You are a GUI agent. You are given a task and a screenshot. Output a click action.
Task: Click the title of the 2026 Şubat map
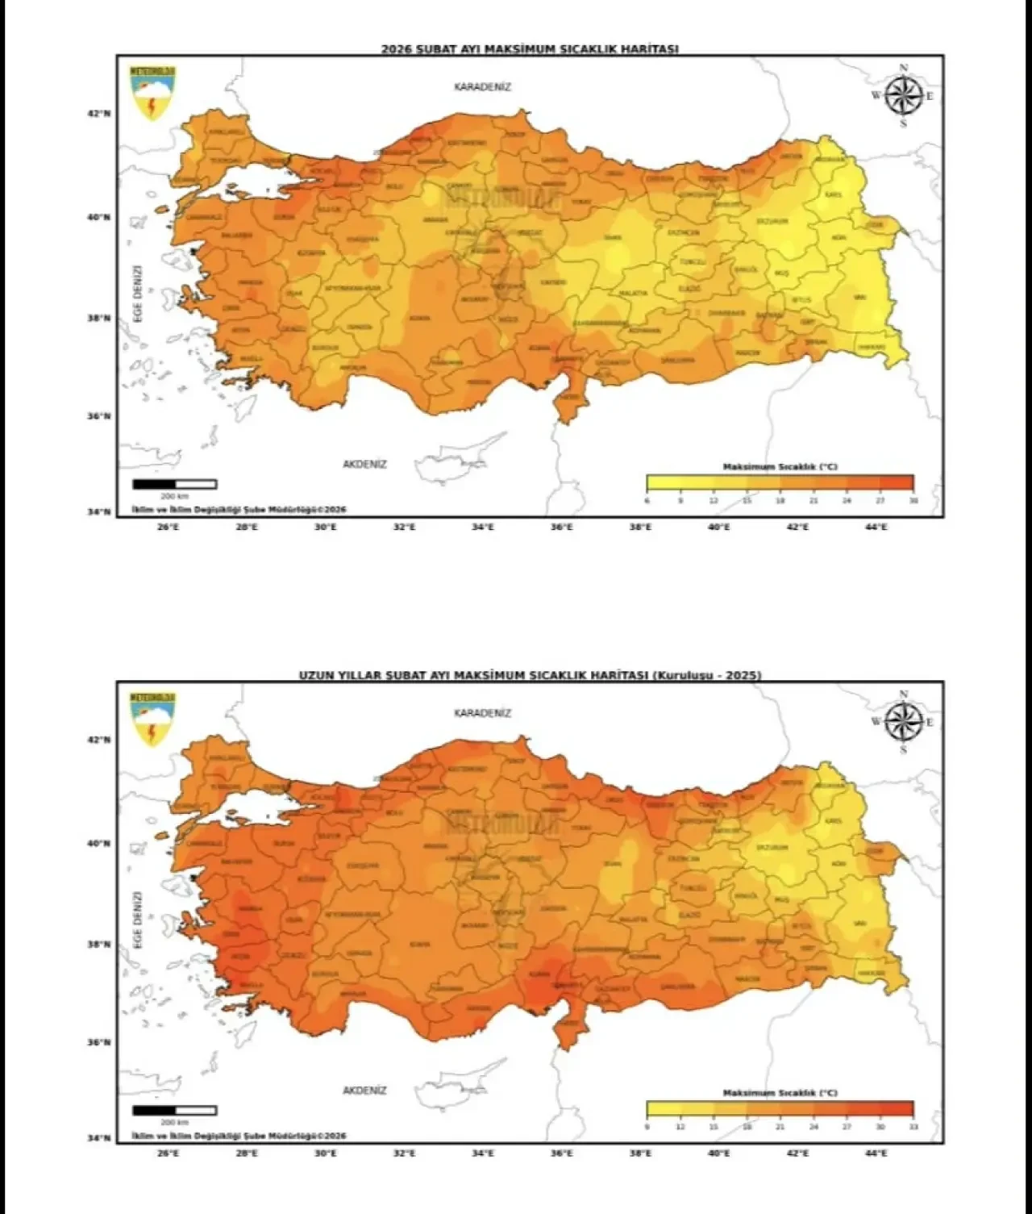click(530, 48)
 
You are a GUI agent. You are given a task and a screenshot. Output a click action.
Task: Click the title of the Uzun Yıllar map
click(530, 675)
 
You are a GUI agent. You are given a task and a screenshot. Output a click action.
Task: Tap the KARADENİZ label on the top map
click(482, 87)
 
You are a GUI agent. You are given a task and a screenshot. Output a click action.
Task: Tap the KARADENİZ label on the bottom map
click(482, 713)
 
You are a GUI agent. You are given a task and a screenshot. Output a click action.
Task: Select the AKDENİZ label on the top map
click(364, 465)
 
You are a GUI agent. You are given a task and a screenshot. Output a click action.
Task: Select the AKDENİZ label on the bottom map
click(364, 1091)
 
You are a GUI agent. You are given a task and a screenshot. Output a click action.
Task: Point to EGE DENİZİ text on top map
click(138, 293)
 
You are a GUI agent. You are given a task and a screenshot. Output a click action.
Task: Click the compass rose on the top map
click(903, 96)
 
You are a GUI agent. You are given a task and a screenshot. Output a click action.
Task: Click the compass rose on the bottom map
click(903, 722)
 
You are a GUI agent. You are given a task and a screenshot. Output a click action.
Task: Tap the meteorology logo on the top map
click(152, 92)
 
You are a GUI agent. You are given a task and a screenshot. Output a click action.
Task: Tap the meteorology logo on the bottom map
click(152, 718)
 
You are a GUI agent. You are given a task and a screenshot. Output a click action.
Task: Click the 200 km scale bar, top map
click(174, 484)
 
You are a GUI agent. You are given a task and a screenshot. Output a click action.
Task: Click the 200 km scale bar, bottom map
click(174, 1111)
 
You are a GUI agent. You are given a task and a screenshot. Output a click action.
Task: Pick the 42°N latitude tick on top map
click(99, 114)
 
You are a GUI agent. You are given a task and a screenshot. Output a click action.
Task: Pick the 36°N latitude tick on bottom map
click(99, 1042)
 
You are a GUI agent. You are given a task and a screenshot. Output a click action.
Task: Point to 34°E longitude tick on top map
click(483, 527)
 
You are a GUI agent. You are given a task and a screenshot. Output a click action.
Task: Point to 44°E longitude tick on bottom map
click(876, 1154)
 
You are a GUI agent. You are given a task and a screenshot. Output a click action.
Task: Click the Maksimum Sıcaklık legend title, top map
click(779, 467)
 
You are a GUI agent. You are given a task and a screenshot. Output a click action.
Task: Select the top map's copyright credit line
click(239, 510)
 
